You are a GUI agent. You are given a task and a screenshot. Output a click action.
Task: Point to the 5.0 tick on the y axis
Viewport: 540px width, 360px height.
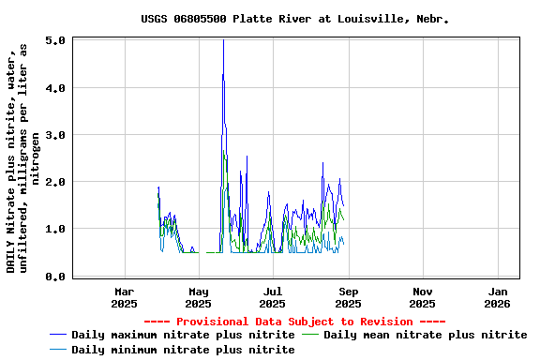(54, 41)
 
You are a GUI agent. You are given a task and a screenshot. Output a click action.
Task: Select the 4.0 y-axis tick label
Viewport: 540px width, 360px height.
(54, 88)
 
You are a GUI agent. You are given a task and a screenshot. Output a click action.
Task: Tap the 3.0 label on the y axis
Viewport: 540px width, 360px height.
(54, 135)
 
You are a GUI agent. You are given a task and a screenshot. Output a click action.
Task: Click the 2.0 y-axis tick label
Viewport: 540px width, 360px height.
(54, 182)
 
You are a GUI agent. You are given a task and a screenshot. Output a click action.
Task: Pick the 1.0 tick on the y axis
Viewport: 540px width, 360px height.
(54, 229)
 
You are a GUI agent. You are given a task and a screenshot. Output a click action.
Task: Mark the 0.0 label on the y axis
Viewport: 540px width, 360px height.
(54, 276)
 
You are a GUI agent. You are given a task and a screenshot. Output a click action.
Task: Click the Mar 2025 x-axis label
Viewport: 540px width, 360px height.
(124, 297)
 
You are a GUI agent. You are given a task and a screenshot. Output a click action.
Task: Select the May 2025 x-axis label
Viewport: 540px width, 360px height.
(198, 297)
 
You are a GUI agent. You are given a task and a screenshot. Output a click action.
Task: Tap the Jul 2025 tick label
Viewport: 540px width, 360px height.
(273, 297)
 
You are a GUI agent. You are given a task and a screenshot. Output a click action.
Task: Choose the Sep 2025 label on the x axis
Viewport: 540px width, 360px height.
(348, 297)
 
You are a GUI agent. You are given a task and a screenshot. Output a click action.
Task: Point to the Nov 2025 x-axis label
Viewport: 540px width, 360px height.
(423, 297)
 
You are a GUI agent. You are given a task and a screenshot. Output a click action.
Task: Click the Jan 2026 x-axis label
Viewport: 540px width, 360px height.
(498, 297)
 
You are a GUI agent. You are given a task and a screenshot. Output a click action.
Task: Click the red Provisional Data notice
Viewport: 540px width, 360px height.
(294, 322)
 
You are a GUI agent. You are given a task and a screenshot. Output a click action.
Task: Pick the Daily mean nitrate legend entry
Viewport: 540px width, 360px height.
(425, 335)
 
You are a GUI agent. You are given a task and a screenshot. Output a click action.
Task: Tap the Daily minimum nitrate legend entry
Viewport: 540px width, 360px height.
(183, 350)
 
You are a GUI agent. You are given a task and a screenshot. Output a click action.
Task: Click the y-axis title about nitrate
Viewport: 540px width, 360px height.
(23, 157)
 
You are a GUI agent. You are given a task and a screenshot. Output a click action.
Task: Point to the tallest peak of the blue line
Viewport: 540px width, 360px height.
(223, 40)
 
